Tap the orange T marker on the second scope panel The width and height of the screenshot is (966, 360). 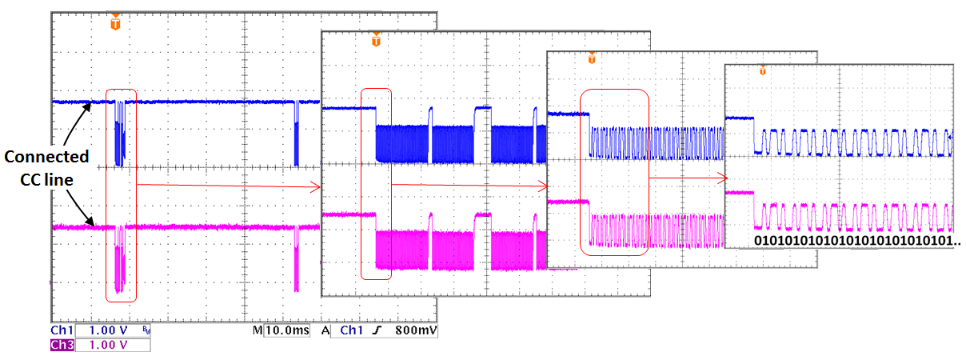point(376,39)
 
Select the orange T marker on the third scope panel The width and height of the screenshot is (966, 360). point(592,58)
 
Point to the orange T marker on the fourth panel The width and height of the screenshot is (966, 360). point(763,70)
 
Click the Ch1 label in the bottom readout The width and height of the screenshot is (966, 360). point(61,330)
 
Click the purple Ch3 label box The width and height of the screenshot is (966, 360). point(61,345)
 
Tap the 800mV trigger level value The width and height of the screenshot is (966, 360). point(417,330)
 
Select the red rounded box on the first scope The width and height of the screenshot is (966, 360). point(122,195)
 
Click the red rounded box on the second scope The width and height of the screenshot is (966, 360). point(377,183)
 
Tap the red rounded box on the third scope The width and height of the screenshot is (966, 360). point(614,171)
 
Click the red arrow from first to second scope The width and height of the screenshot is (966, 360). point(228,186)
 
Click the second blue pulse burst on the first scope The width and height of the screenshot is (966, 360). point(297,132)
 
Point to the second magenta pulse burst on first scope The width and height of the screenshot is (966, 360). point(297,256)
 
